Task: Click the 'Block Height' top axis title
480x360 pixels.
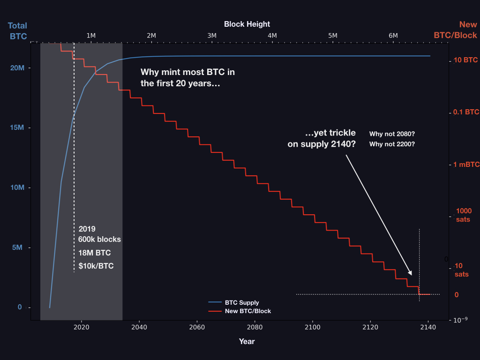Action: pyautogui.click(x=247, y=24)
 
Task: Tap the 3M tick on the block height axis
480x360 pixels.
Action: pyautogui.click(x=212, y=35)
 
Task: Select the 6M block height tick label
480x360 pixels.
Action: pyautogui.click(x=393, y=35)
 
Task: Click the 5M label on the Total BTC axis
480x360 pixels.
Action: pyautogui.click(x=17, y=247)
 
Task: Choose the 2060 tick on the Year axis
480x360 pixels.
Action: pyautogui.click(x=197, y=327)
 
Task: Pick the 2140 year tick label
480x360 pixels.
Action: pyautogui.click(x=428, y=327)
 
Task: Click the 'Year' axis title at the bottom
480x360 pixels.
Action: pyautogui.click(x=247, y=341)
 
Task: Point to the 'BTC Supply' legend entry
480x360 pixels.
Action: pyautogui.click(x=241, y=303)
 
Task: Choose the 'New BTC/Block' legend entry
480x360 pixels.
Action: pyautogui.click(x=247, y=311)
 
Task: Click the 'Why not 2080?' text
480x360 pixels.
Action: pyautogui.click(x=392, y=134)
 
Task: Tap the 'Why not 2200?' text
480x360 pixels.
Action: pyautogui.click(x=392, y=144)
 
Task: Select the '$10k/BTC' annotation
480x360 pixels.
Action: pyautogui.click(x=96, y=266)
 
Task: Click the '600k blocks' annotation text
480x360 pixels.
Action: pyautogui.click(x=100, y=239)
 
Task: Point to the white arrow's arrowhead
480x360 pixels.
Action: pyautogui.click(x=411, y=274)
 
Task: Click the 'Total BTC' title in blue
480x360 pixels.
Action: pyautogui.click(x=17, y=30)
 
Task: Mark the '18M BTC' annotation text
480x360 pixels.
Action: pyautogui.click(x=95, y=253)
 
